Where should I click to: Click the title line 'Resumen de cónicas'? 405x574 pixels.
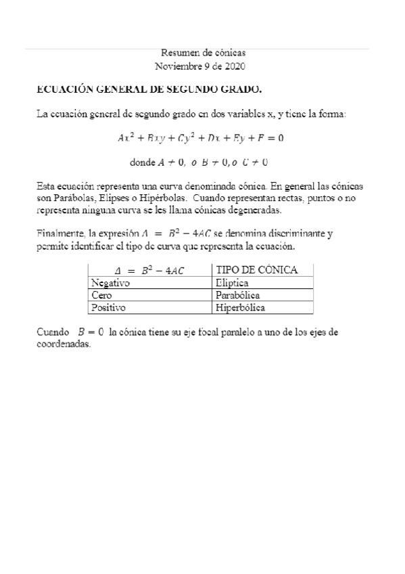203,53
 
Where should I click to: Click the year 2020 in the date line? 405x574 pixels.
233,66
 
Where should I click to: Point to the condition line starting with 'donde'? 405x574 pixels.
200,162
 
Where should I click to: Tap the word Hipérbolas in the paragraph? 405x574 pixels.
160,198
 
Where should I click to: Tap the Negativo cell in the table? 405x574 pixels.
110,283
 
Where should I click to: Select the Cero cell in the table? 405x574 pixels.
101,295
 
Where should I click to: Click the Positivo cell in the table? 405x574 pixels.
108,307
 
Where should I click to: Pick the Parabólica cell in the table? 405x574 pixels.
238,295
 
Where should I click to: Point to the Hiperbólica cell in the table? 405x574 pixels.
240,307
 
